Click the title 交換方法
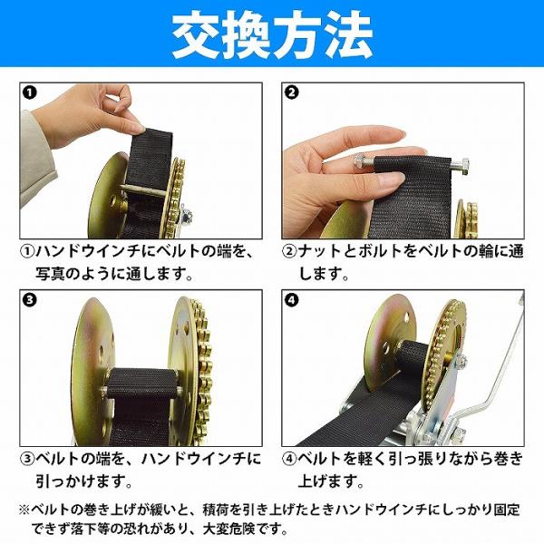(272, 34)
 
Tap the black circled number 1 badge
(29, 92)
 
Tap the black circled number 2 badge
(291, 92)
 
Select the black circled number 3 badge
(29, 300)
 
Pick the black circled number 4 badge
(291, 300)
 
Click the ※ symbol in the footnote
(24, 510)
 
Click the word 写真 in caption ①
(50, 274)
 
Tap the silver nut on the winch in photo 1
(185, 218)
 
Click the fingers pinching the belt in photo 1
(118, 114)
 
